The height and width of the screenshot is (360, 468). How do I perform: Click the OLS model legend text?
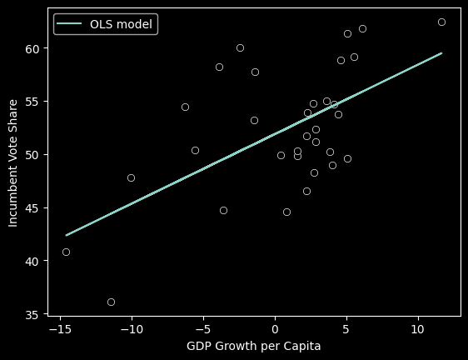click(122, 24)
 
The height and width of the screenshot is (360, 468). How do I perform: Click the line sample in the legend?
click(70, 24)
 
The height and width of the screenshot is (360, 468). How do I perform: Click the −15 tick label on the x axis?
click(59, 329)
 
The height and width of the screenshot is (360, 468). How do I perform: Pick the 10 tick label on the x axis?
click(418, 329)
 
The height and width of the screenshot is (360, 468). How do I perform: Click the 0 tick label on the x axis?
click(275, 329)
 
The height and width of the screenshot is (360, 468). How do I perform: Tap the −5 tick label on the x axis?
click(202, 329)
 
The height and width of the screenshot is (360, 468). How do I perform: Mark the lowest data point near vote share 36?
click(111, 302)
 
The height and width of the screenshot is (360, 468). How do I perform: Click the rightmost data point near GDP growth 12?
click(441, 22)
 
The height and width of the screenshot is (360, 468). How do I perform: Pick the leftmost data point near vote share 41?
click(66, 252)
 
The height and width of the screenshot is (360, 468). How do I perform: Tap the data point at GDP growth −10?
click(131, 177)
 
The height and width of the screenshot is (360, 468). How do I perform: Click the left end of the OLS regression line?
click(67, 235)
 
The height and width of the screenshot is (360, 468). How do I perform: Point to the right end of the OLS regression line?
click(441, 53)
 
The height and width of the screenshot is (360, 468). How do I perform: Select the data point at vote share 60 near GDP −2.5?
click(240, 47)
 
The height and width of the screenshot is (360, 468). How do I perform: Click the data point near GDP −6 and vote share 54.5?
click(185, 107)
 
